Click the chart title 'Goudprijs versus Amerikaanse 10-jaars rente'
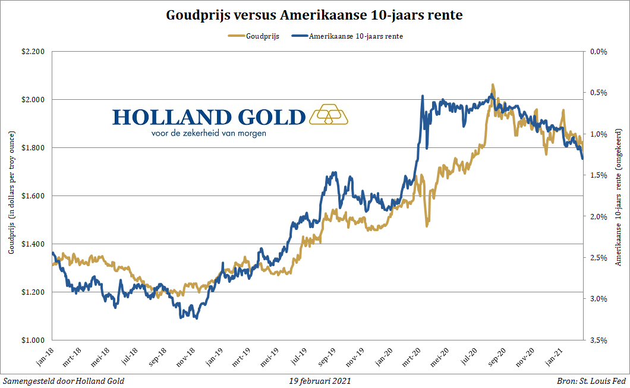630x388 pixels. click(314, 15)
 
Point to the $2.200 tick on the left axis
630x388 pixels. click(33, 52)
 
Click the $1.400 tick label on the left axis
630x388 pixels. click(33, 244)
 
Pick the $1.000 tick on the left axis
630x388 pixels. click(33, 340)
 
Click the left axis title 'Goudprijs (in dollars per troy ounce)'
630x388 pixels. click(11, 196)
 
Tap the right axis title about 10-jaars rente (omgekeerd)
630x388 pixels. click(619, 196)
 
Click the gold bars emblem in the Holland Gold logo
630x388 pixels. click(329, 115)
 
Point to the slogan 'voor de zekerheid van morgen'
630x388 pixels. click(209, 134)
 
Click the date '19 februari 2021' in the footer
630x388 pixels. click(315, 381)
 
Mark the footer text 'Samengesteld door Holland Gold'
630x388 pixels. click(64, 381)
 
